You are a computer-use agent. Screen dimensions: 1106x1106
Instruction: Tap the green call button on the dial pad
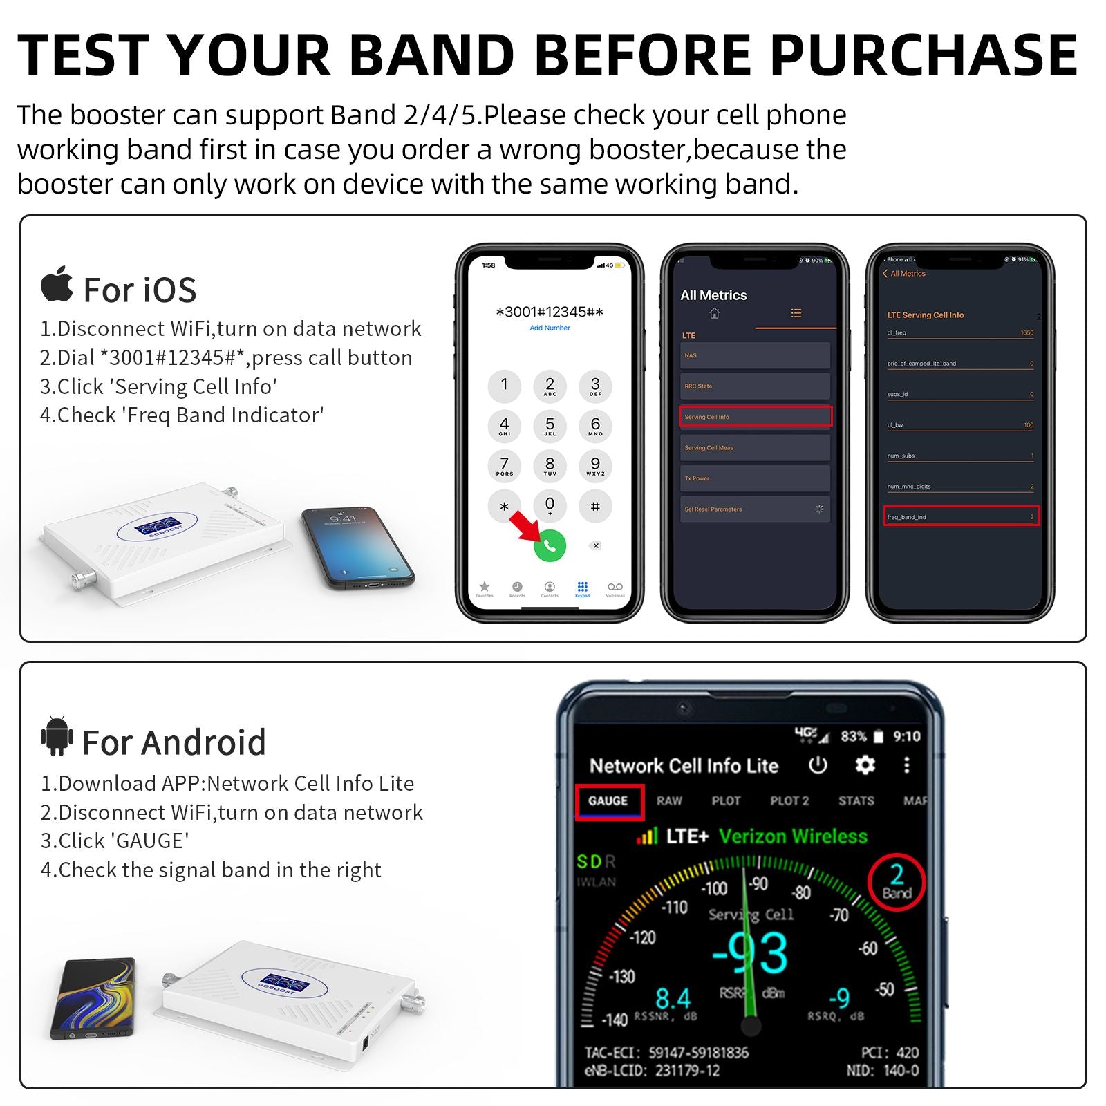[550, 545]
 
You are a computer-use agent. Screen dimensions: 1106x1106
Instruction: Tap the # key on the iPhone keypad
[595, 506]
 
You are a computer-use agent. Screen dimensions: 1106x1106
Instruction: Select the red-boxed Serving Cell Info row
[757, 416]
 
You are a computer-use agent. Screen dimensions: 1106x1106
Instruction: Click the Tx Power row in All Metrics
[755, 478]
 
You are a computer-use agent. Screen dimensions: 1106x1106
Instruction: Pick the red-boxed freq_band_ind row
[961, 516]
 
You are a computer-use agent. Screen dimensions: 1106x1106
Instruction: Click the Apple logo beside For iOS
[57, 284]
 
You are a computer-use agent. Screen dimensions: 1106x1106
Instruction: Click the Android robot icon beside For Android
[57, 736]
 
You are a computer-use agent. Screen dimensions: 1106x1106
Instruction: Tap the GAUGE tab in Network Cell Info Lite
[608, 801]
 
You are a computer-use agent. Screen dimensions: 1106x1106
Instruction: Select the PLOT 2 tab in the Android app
[789, 801]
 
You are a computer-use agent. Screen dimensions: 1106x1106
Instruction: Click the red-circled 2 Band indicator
[897, 883]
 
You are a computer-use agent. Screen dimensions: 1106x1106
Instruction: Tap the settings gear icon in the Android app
[865, 765]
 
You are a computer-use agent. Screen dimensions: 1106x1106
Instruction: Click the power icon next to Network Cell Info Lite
[818, 765]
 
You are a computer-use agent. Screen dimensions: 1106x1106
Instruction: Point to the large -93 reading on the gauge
[751, 953]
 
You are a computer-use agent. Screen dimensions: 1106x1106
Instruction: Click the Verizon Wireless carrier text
[793, 836]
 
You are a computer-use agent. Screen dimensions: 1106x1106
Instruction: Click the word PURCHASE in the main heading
[924, 55]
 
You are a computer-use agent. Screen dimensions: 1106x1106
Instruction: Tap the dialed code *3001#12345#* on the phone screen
[550, 312]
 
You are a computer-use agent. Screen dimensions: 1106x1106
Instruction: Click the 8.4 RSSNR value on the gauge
[673, 998]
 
